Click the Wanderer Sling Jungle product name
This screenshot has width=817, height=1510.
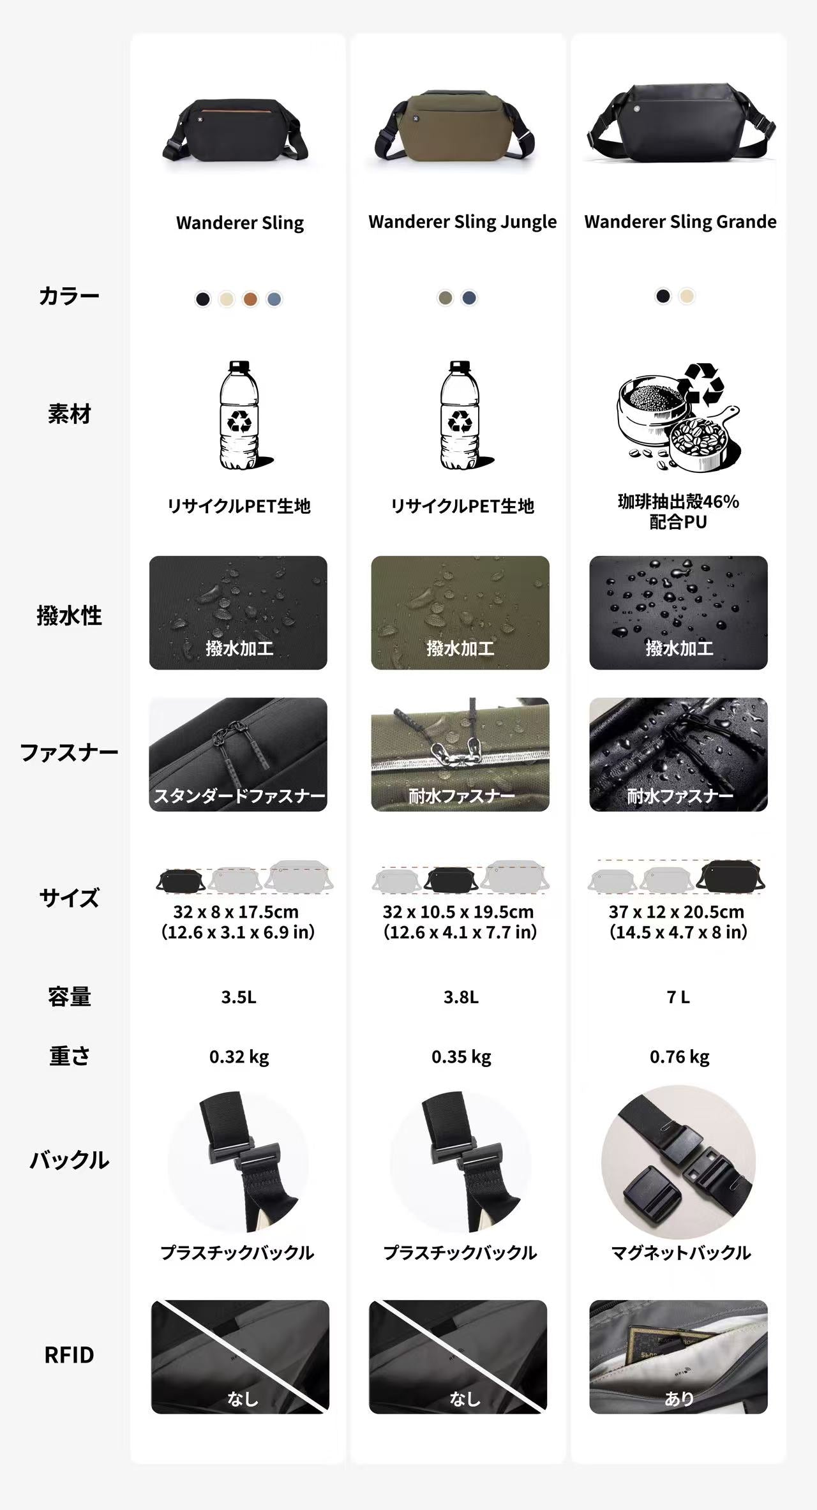[462, 222]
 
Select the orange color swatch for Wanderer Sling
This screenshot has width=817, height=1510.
[250, 299]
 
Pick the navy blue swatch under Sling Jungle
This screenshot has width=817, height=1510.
[469, 297]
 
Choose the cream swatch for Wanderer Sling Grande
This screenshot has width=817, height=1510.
[687, 296]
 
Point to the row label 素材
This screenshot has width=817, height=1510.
[69, 414]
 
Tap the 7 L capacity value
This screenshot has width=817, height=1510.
[678, 997]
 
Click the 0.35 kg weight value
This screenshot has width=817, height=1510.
[461, 1057]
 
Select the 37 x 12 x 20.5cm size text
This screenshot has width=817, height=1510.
[676, 911]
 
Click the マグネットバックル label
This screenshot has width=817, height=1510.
[680, 1253]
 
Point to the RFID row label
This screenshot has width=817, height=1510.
[69, 1354]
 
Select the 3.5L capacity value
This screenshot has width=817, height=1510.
[239, 997]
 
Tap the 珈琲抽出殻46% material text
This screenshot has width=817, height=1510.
[678, 502]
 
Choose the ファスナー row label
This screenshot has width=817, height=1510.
[69, 752]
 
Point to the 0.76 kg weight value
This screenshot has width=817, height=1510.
[679, 1057]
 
